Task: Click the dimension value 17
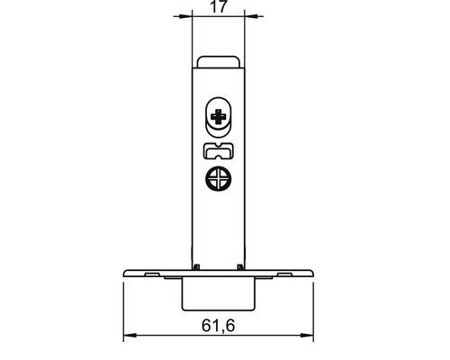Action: [x=219, y=6]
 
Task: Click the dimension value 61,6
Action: [x=218, y=326]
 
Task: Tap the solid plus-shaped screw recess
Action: [x=219, y=117]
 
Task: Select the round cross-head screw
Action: [x=219, y=179]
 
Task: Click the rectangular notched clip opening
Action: [x=219, y=150]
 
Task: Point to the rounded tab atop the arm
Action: [x=219, y=61]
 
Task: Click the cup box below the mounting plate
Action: [x=219, y=293]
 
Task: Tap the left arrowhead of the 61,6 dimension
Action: [x=130, y=335]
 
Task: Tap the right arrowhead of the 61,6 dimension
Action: [x=307, y=335]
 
